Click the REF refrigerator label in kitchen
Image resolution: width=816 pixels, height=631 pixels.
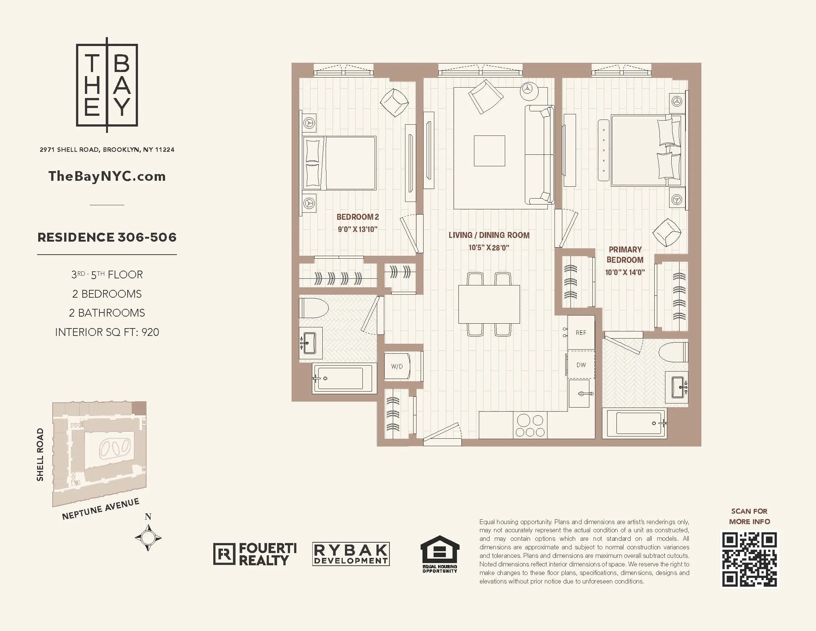click(x=580, y=333)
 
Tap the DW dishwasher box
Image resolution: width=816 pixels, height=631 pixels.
click(x=581, y=365)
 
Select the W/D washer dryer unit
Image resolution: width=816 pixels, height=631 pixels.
click(x=397, y=366)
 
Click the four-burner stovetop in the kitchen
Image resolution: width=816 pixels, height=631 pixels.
click(x=529, y=426)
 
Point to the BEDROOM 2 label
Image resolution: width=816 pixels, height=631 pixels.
click(x=358, y=217)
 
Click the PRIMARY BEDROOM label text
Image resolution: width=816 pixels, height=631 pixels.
click(x=625, y=255)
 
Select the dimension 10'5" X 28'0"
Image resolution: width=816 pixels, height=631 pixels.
click(x=489, y=248)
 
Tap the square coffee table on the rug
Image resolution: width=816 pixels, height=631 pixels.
click(x=490, y=151)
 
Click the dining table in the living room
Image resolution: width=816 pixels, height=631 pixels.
click(x=489, y=304)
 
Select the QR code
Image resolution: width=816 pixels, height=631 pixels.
click(x=749, y=560)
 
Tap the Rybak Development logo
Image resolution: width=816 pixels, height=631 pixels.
click(x=351, y=554)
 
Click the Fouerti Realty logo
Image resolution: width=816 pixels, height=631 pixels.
click(x=255, y=554)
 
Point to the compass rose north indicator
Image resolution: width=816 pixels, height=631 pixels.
click(x=148, y=537)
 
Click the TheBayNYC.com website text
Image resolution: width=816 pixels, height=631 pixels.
click(x=107, y=176)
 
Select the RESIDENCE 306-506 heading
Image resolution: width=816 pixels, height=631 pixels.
click(x=107, y=237)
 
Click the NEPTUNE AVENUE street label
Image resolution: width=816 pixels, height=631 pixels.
click(x=101, y=509)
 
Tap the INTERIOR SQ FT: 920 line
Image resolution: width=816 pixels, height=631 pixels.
click(x=107, y=332)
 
